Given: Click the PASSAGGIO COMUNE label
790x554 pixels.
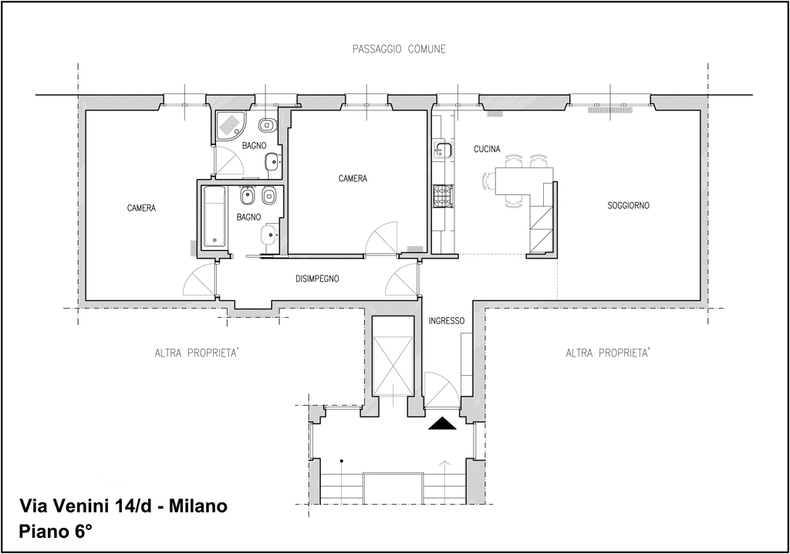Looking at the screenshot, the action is (x=399, y=49).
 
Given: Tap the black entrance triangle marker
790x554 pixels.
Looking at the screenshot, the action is (x=442, y=424).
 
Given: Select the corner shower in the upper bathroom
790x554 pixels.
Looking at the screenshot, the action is (x=230, y=126).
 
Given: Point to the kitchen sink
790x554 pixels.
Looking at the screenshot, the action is (x=444, y=150).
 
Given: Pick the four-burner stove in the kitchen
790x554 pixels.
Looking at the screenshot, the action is (x=443, y=195).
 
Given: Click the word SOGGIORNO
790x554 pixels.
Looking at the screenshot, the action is (x=628, y=206).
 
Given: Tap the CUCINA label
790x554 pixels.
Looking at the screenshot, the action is (x=488, y=149).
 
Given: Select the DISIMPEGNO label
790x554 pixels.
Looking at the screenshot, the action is (x=317, y=279).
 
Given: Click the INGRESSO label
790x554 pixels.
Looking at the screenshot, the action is (x=447, y=321).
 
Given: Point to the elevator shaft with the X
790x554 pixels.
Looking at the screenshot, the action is (x=392, y=357).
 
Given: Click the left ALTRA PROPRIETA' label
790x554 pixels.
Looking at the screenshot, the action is (x=197, y=353).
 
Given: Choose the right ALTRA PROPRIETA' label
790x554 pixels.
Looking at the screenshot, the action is (x=608, y=353).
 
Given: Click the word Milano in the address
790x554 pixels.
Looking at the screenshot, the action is (x=198, y=505).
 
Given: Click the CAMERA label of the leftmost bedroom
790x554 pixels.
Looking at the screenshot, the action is (x=142, y=208).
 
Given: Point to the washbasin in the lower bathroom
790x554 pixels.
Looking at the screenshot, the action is (x=269, y=234).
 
